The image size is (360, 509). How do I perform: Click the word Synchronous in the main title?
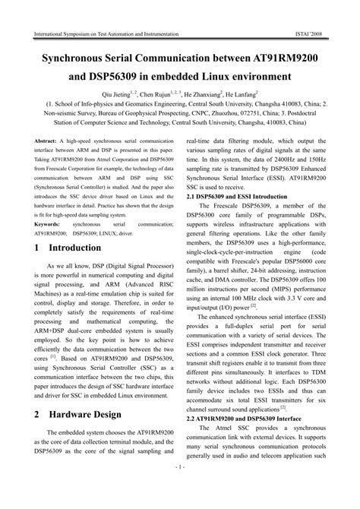click(84, 58)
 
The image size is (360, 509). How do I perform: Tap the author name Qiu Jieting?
click(140, 90)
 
